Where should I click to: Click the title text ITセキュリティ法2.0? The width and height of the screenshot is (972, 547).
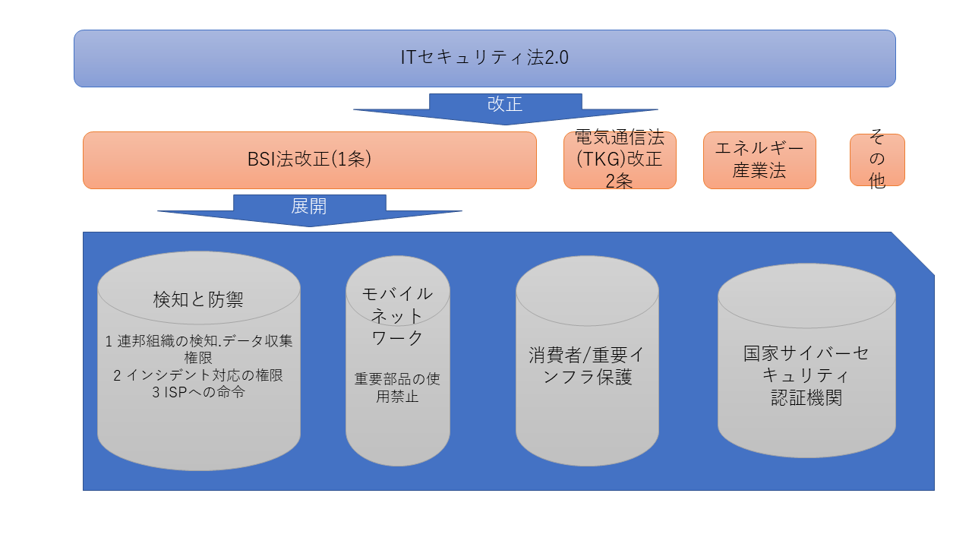[484, 58]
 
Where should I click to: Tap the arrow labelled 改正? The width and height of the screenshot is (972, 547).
[505, 107]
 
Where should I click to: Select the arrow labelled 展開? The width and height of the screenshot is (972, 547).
[309, 208]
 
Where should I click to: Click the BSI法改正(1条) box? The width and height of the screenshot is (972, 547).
[309, 160]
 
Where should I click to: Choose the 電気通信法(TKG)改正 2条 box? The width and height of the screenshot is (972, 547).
[619, 160]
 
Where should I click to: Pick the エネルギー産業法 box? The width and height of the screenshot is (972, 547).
[759, 160]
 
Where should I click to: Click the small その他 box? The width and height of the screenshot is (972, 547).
[877, 160]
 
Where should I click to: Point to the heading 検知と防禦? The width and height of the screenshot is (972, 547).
[198, 299]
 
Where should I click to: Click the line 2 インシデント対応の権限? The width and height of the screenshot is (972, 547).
[198, 375]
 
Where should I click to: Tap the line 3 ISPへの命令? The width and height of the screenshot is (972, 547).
[198, 393]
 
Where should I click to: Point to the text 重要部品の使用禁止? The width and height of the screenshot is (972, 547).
[397, 386]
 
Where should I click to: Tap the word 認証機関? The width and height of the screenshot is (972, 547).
[806, 397]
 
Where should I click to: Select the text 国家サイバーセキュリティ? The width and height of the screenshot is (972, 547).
[806, 364]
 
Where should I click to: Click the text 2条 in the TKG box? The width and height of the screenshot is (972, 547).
[619, 181]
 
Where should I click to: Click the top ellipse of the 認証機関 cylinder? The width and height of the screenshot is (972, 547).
[806, 292]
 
